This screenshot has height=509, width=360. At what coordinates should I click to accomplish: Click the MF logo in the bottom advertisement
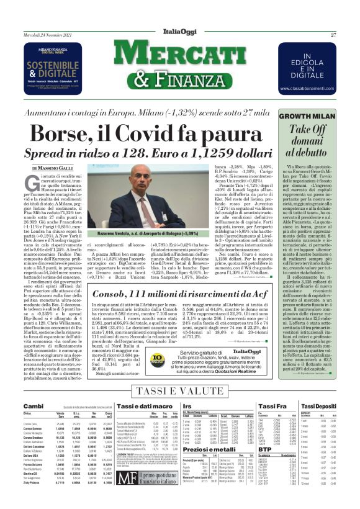[128, 478]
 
